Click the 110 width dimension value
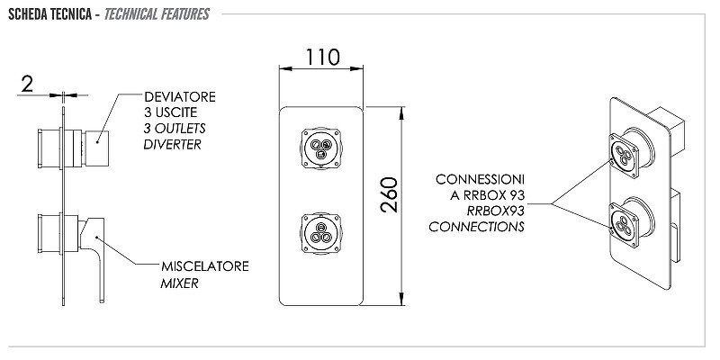[323, 57]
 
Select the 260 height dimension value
[390, 194]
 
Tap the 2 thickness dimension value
[27, 84]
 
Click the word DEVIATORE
[179, 97]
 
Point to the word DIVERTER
[172, 144]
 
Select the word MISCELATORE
[205, 266]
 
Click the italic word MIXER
[179, 283]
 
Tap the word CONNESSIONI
[480, 179]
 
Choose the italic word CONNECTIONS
[477, 227]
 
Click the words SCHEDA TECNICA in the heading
[50, 14]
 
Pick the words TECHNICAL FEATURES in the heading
[157, 14]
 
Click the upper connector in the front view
[321, 148]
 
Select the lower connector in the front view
[321, 232]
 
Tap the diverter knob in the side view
[96, 148]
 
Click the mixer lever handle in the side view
[94, 257]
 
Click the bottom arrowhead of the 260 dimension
[401, 300]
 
